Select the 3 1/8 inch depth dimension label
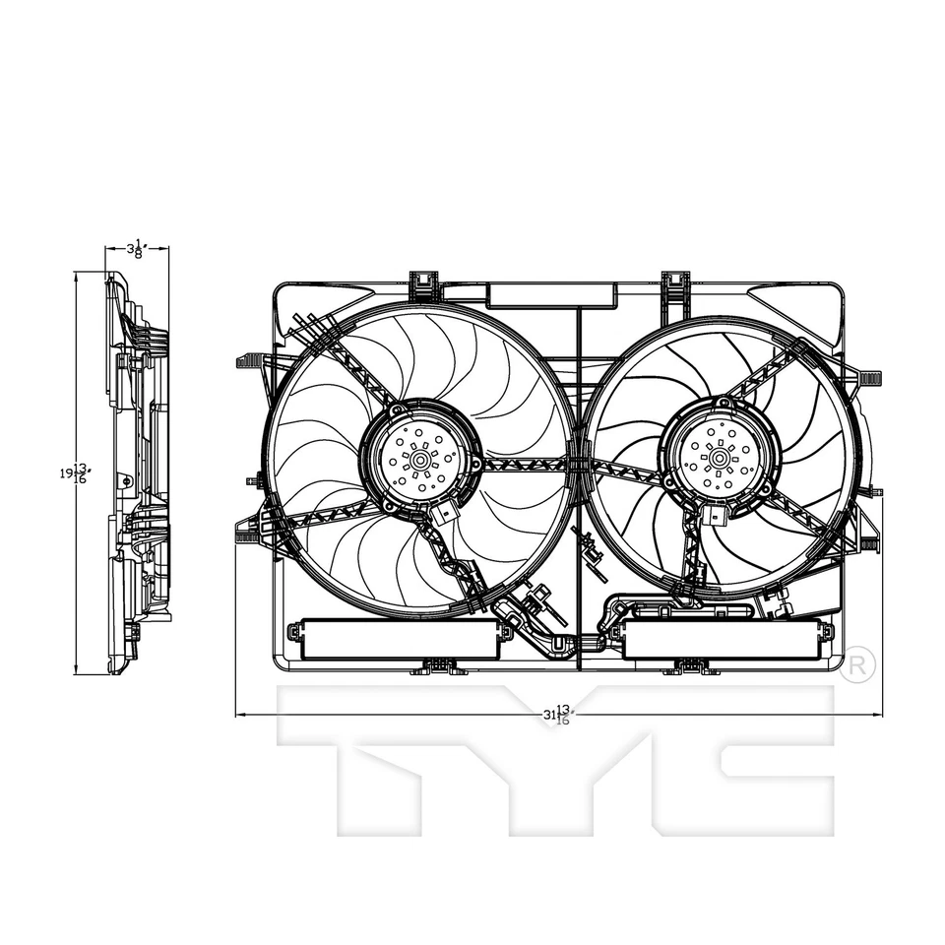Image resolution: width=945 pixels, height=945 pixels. (x=137, y=249)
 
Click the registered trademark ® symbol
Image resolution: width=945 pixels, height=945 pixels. (x=857, y=665)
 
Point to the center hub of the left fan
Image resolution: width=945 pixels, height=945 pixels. (x=420, y=459)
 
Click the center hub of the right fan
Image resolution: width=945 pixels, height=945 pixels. (x=721, y=457)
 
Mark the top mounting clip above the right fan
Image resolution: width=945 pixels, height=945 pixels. (x=674, y=283)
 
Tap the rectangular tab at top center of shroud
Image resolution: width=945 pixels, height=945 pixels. (x=551, y=293)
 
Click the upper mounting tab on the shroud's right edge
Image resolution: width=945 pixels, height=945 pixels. (x=870, y=379)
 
